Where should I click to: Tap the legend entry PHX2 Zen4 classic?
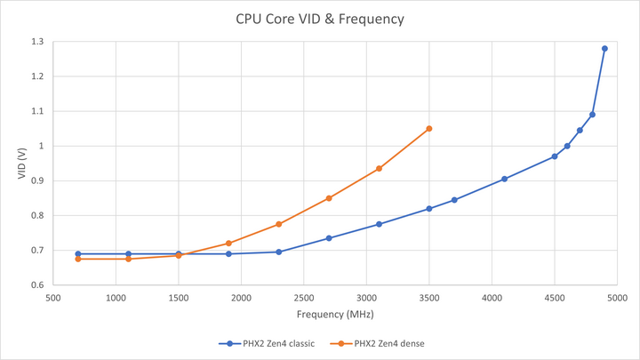coord(267,342)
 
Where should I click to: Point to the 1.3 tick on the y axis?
coord(37,42)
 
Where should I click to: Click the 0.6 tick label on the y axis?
coord(37,285)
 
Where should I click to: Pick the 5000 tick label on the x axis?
coord(618,298)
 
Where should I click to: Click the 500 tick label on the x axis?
coord(52,298)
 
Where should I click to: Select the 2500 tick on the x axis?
coord(304,298)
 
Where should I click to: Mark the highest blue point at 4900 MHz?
coord(604,49)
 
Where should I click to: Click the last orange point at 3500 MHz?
coord(429,129)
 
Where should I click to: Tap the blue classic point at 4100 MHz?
coord(504,179)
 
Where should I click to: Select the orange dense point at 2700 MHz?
coord(329,198)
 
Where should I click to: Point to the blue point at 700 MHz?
coord(78,254)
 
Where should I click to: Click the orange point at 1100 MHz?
coord(128,259)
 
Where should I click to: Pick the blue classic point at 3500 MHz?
coord(429,209)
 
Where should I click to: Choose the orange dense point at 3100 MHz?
coord(380,169)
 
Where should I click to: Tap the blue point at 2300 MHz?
coord(279,252)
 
